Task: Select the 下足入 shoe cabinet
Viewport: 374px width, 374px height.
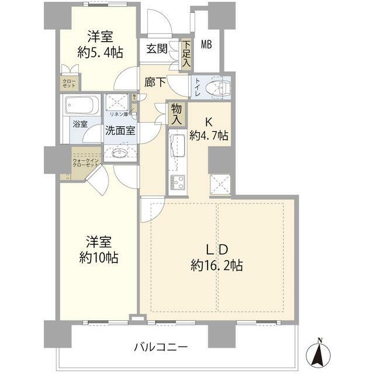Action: (186, 53)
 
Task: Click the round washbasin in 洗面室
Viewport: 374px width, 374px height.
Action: (119, 154)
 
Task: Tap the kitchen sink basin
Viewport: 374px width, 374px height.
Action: (176, 143)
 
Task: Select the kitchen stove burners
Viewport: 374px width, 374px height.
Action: (176, 181)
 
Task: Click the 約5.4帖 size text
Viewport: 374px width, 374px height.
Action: (100, 53)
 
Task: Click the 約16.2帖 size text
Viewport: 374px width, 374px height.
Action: (217, 266)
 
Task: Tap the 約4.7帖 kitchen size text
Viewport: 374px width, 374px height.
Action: (209, 136)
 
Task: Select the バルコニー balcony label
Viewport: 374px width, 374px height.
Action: (161, 347)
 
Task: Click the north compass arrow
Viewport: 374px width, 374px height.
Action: (319, 353)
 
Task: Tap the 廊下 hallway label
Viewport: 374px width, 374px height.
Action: (155, 84)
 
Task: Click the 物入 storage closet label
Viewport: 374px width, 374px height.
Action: (176, 113)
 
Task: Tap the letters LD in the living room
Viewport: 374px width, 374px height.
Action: (217, 247)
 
